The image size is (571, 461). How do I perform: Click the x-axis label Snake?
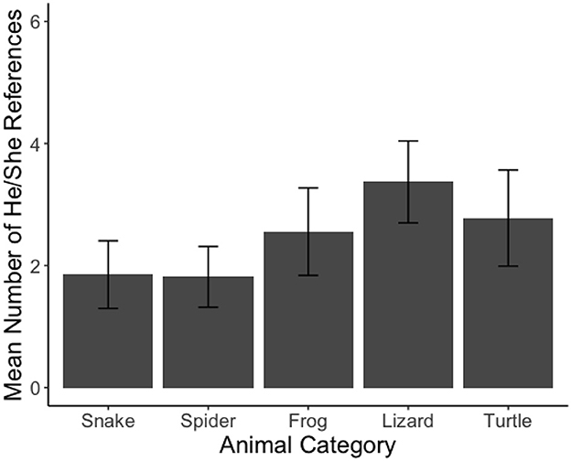click(x=108, y=422)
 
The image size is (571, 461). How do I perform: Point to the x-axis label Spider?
click(x=208, y=422)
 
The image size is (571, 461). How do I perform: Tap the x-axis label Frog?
click(x=307, y=422)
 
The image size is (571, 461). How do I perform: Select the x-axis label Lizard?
click(x=408, y=422)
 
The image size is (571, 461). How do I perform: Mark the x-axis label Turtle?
click(x=508, y=422)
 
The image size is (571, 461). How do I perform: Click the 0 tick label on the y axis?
click(x=35, y=388)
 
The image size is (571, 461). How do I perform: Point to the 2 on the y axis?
click(x=35, y=266)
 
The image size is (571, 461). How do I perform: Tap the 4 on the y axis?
click(x=35, y=145)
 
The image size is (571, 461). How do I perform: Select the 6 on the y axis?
click(x=35, y=22)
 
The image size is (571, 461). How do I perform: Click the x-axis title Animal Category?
click(x=307, y=446)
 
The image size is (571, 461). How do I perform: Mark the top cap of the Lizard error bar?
click(x=408, y=141)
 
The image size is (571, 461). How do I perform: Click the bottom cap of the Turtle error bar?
click(x=508, y=266)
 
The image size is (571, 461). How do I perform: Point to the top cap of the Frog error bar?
click(x=307, y=188)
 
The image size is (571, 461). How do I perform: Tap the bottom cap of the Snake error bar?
click(x=108, y=308)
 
